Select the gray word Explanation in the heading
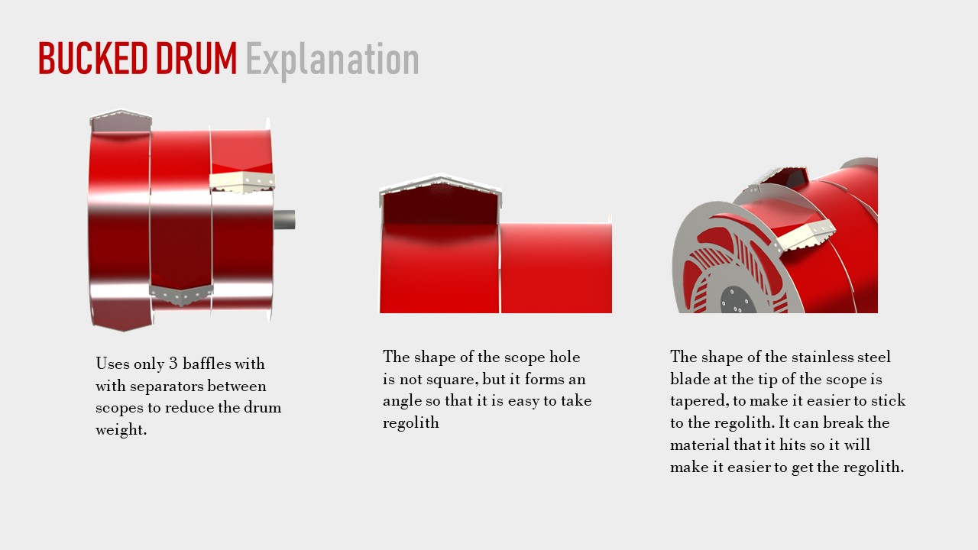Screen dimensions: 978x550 tap(332, 61)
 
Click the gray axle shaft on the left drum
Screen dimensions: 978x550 tap(284, 219)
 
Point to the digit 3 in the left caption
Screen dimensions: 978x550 tap(173, 364)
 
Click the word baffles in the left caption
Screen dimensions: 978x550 tap(206, 363)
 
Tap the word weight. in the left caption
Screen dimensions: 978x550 tap(121, 430)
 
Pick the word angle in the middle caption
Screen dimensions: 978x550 tap(399, 402)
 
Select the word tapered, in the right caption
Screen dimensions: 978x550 tap(699, 401)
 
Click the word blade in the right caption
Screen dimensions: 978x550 tap(689, 378)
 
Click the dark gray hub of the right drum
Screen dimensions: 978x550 tap(737, 300)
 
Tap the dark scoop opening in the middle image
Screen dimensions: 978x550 tap(440, 204)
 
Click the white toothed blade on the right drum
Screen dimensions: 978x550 tap(805, 237)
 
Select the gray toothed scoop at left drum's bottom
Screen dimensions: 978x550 tap(181, 295)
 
